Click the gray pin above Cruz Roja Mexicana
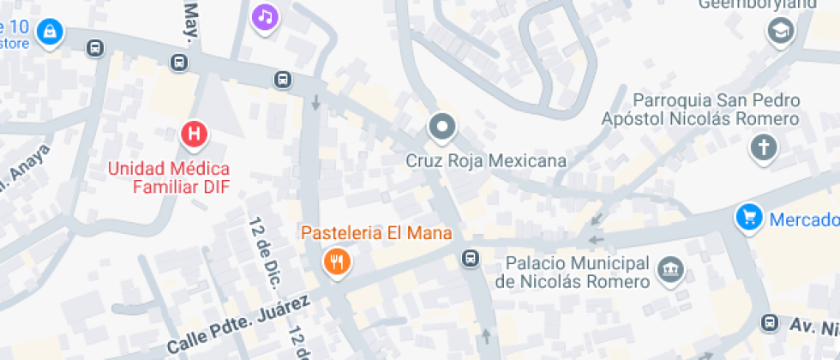point(442,128)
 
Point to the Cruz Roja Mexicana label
point(485,160)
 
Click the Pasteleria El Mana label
point(375,232)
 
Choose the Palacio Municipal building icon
point(670,272)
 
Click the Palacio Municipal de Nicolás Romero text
point(572,272)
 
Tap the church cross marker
point(762,147)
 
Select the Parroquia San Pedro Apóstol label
point(701,110)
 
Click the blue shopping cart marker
point(749,218)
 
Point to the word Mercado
point(804,219)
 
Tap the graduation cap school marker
point(781,32)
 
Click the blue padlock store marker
point(51,32)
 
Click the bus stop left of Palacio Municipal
point(471,257)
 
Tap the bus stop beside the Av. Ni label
point(770,323)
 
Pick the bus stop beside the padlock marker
point(96,48)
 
